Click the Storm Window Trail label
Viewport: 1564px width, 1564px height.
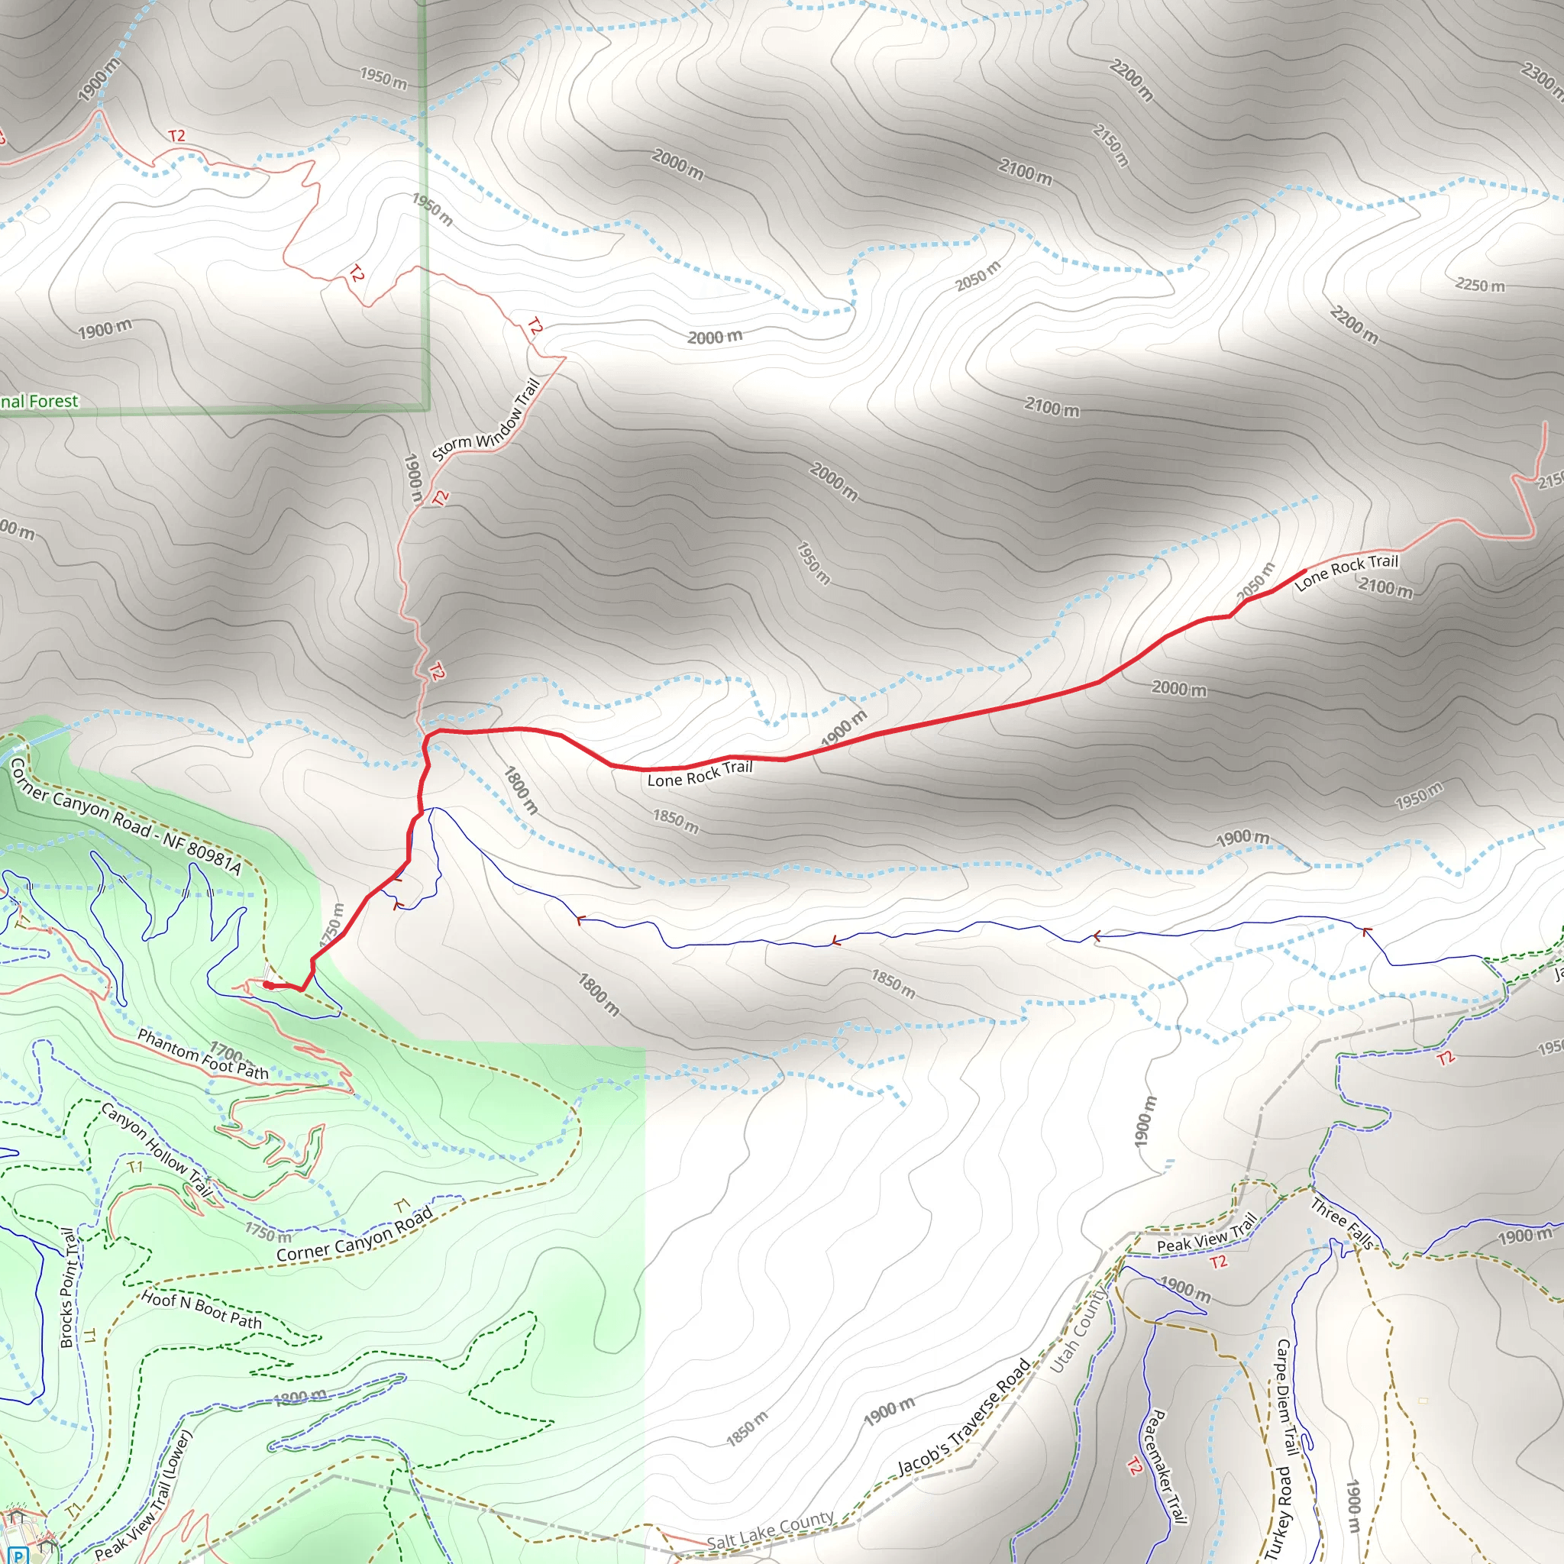pyautogui.click(x=486, y=420)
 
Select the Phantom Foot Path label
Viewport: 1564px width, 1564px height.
pyautogui.click(x=202, y=1054)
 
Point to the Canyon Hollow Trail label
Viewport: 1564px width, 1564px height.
pyautogui.click(x=157, y=1149)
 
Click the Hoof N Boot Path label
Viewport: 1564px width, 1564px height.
pyautogui.click(x=202, y=1310)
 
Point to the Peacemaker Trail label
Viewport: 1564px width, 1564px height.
pyautogui.click(x=1164, y=1465)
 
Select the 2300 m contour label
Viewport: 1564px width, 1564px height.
pyautogui.click(x=1541, y=82)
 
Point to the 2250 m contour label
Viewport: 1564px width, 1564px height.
pyautogui.click(x=1480, y=285)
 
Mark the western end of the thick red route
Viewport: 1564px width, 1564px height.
pyautogui.click(x=267, y=985)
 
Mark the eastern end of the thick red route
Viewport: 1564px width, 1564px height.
pyautogui.click(x=1304, y=571)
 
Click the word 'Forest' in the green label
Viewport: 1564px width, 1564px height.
pyautogui.click(x=53, y=401)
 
